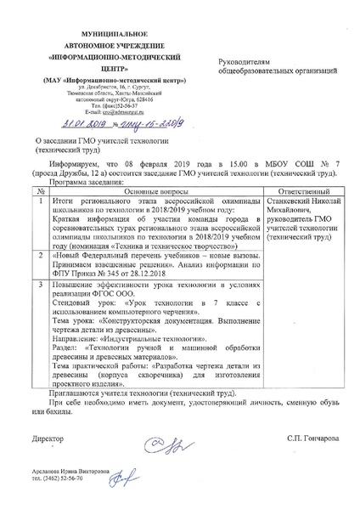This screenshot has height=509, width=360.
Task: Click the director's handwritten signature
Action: (158, 439)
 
